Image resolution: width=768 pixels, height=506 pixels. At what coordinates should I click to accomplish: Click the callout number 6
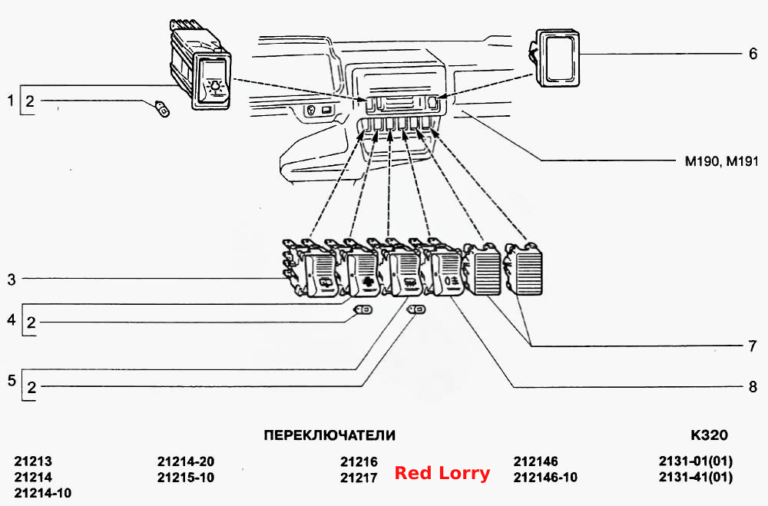(753, 54)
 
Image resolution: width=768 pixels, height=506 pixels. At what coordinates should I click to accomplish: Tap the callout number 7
(753, 346)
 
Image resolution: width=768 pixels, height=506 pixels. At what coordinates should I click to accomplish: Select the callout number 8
(753, 387)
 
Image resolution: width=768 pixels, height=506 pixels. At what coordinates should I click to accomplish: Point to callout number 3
(12, 279)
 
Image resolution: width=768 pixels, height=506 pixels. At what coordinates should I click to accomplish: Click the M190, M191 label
(721, 161)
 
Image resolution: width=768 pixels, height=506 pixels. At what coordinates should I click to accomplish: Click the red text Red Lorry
(442, 473)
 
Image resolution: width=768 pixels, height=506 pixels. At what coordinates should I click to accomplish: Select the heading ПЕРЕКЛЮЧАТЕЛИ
(329, 435)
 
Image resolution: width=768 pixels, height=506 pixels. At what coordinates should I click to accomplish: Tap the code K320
(709, 435)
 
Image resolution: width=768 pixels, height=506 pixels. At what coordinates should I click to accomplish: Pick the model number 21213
(33, 461)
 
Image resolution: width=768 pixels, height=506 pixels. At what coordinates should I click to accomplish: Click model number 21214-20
(186, 461)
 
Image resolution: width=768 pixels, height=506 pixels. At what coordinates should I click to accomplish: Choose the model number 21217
(359, 478)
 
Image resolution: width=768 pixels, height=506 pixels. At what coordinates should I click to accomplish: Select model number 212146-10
(545, 477)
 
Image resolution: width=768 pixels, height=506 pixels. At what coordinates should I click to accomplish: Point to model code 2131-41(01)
(696, 477)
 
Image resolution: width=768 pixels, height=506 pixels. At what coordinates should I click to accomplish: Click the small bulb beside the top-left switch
(162, 109)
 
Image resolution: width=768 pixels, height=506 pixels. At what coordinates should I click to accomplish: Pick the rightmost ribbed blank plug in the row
(524, 270)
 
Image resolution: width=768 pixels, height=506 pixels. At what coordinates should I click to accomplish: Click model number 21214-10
(42, 493)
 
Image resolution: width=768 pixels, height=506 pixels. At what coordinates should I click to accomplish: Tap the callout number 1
(10, 101)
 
